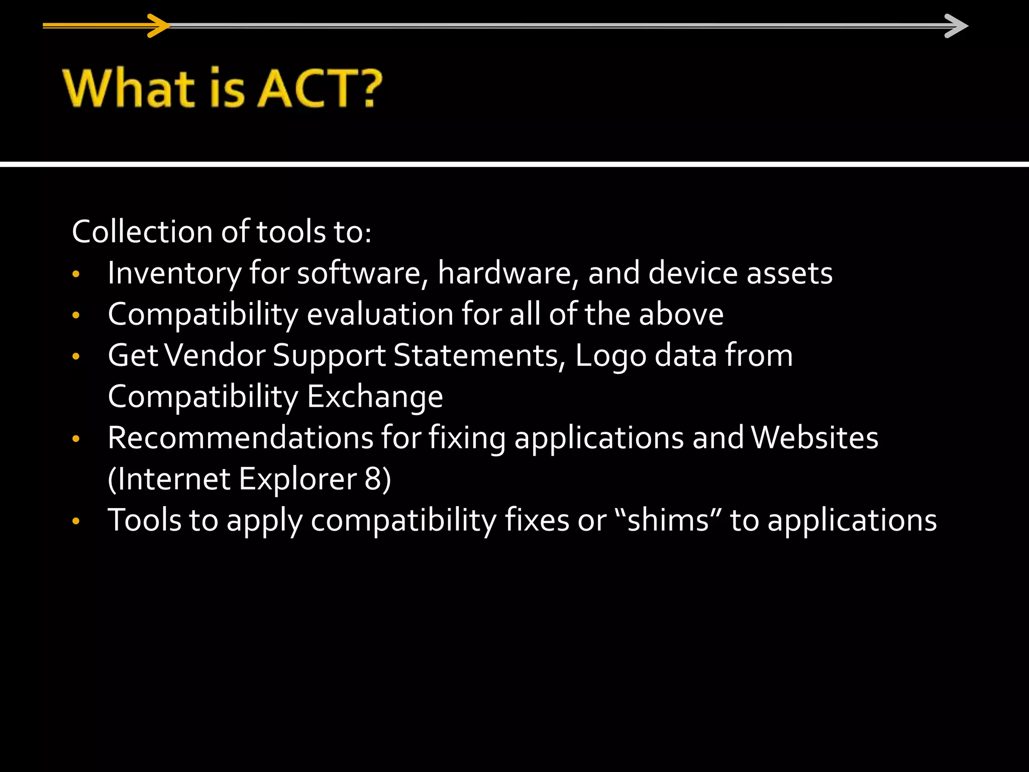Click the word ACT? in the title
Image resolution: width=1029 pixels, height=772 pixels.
click(x=320, y=88)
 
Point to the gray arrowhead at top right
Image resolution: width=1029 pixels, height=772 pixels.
click(x=956, y=26)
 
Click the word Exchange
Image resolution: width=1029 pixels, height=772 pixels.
click(x=375, y=397)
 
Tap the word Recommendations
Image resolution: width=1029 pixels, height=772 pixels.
click(x=240, y=438)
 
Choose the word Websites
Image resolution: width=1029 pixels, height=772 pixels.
click(x=814, y=438)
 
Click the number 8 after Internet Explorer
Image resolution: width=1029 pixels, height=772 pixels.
click(x=373, y=479)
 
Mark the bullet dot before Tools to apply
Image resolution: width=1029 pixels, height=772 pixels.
click(x=76, y=521)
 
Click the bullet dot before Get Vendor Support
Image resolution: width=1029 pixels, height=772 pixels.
click(x=76, y=357)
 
